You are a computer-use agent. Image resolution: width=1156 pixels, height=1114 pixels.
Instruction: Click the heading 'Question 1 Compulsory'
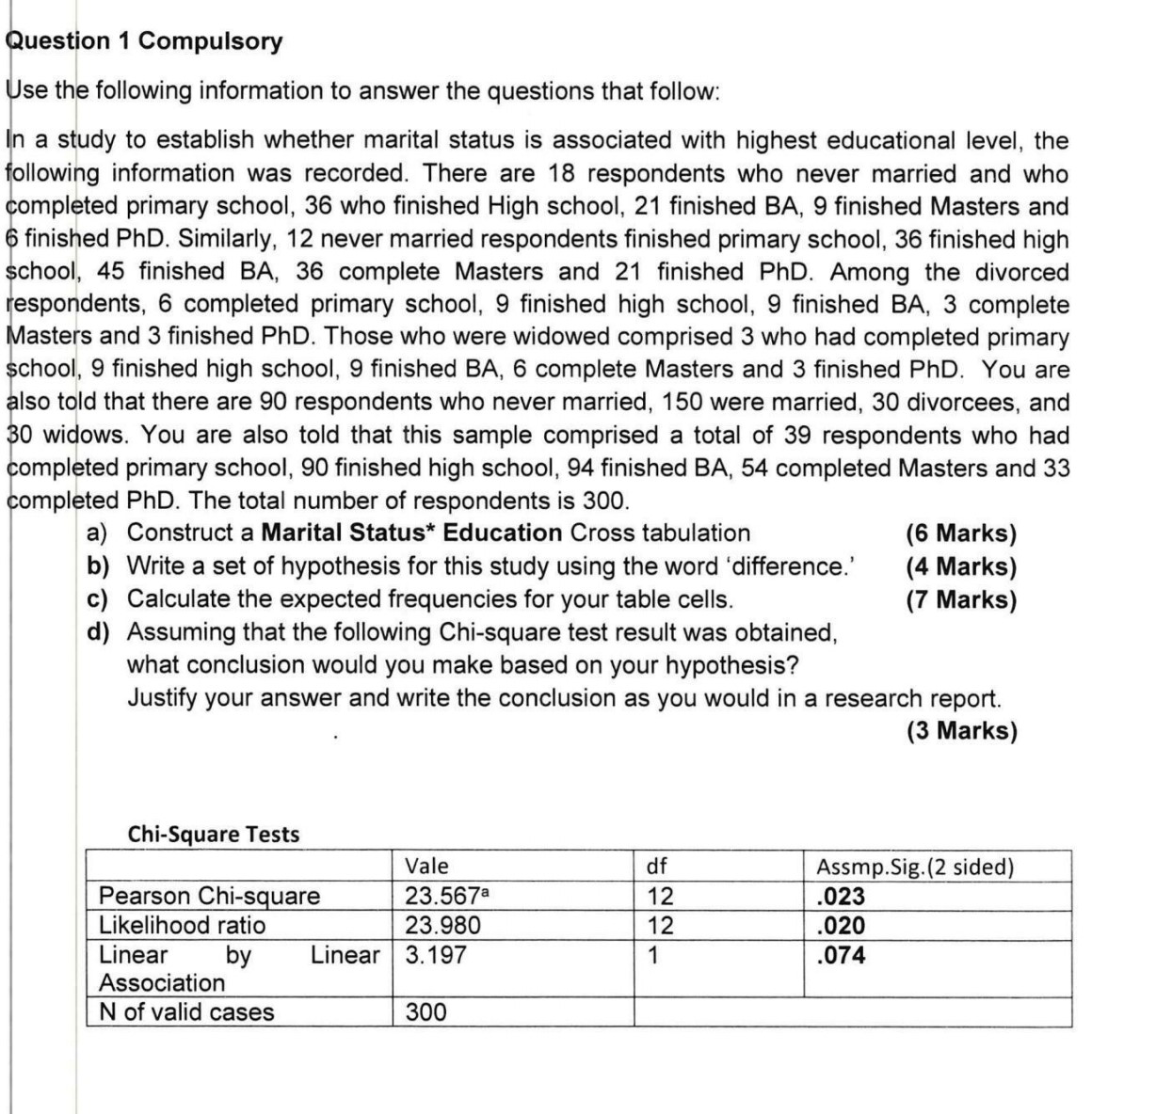tap(144, 41)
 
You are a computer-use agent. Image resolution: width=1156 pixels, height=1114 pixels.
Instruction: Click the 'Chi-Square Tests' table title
tap(213, 834)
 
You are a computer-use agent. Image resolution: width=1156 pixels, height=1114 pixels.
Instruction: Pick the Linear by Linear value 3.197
tap(436, 955)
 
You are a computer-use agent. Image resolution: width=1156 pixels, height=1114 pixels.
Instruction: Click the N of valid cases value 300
tap(426, 1012)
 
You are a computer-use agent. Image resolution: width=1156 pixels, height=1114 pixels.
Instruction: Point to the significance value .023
tap(842, 895)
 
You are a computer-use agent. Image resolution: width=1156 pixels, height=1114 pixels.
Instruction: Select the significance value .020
tap(842, 925)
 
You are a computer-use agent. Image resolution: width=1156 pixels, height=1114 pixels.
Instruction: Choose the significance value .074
tap(842, 955)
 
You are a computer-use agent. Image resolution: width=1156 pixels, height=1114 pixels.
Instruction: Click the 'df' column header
tap(655, 866)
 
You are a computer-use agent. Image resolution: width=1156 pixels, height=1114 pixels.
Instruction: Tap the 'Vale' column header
tap(426, 866)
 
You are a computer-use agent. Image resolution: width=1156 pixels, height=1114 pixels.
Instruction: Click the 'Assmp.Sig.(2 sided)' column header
tap(915, 866)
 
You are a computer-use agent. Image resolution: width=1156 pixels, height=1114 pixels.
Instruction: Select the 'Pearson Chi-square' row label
tap(209, 895)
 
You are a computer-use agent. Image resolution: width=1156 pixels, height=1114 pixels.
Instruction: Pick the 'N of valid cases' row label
tap(186, 1012)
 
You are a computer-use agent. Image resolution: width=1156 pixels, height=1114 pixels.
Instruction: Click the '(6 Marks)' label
tap(961, 533)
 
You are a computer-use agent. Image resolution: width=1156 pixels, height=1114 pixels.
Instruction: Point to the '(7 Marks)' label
tap(961, 599)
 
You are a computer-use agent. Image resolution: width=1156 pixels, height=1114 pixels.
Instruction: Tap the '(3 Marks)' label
tap(961, 731)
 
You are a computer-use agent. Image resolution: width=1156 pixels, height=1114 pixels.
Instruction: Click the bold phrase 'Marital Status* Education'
tap(410, 533)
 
